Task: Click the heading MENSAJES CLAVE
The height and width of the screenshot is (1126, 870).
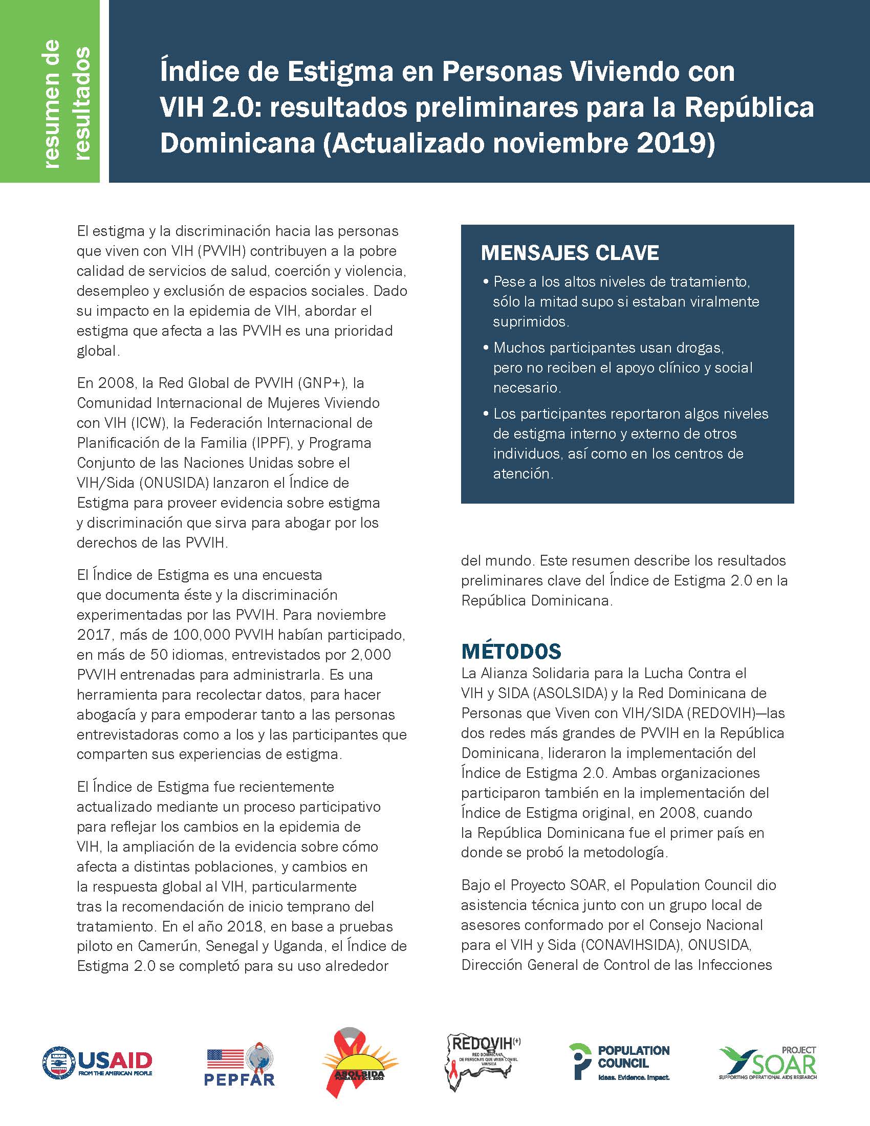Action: [x=570, y=253]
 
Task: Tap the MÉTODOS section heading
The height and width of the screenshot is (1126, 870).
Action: [x=511, y=651]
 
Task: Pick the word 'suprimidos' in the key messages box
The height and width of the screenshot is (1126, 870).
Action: [x=531, y=322]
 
